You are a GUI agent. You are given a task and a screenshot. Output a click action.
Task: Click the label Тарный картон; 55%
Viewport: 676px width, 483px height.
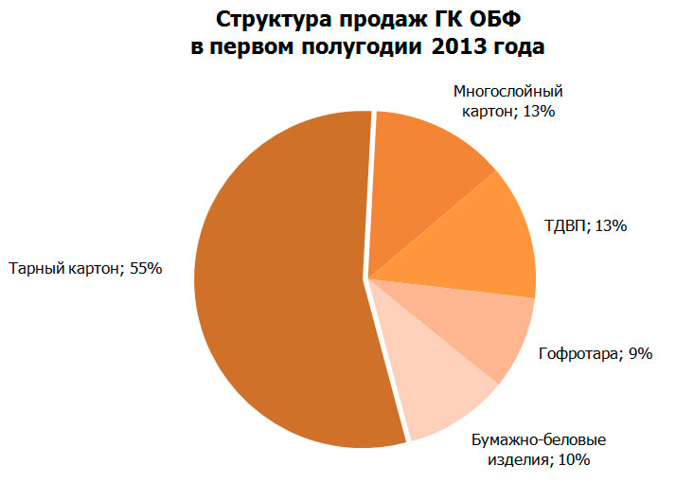[x=85, y=268]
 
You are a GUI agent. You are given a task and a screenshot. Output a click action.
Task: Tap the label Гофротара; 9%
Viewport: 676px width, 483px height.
[x=595, y=353]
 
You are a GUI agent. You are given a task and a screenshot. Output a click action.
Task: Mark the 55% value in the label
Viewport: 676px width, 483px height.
[x=146, y=268]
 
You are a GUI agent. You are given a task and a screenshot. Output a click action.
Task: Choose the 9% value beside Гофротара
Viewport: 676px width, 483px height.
[x=639, y=353]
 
